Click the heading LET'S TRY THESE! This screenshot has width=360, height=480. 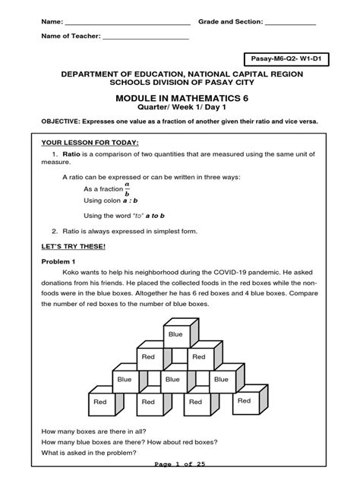pyautogui.click(x=74, y=247)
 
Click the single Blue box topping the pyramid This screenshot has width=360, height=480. pyautogui.click(x=175, y=333)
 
